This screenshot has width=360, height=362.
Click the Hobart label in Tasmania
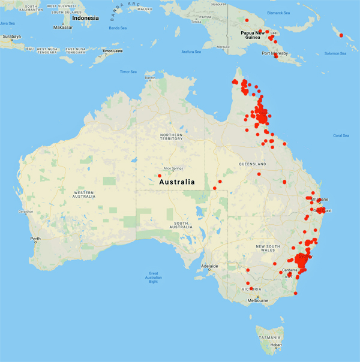coord(276,345)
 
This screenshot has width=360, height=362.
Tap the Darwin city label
coord(149,77)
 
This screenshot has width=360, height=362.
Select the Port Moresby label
coord(275,53)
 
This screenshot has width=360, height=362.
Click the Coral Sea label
coord(341,135)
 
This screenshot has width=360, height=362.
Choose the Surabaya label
coord(10,36)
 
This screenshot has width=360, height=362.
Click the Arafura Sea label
coord(191,52)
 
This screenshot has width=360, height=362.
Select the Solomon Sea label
coord(335,53)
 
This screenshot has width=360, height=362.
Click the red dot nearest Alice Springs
coord(160,176)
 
